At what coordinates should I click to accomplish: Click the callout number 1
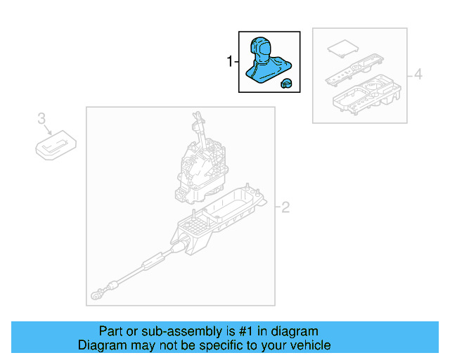pyautogui.click(x=230, y=61)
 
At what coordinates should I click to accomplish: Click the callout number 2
pyautogui.click(x=285, y=207)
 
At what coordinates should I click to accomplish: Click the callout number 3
pyautogui.click(x=41, y=118)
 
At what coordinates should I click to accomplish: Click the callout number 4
pyautogui.click(x=418, y=74)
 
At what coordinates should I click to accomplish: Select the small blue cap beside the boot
pyautogui.click(x=286, y=83)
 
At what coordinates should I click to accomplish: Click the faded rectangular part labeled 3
pyautogui.click(x=56, y=145)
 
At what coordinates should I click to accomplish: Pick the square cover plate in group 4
pyautogui.click(x=343, y=49)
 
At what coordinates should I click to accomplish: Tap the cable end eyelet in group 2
pyautogui.click(x=96, y=295)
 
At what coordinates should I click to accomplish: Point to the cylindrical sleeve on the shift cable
pyautogui.click(x=153, y=262)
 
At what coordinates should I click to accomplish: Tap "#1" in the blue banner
pyautogui.click(x=246, y=331)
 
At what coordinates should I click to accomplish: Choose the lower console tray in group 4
pyautogui.click(x=367, y=94)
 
